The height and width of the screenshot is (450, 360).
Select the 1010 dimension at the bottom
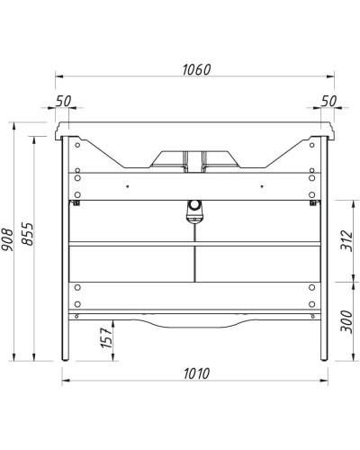(x=193, y=372)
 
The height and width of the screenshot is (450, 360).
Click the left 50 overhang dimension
(x=63, y=101)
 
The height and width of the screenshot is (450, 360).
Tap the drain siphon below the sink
(x=193, y=211)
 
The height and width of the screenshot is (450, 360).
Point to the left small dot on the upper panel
(x=128, y=186)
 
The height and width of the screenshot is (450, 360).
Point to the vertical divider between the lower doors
(x=194, y=261)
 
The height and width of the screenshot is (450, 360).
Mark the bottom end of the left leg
(x=64, y=357)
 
